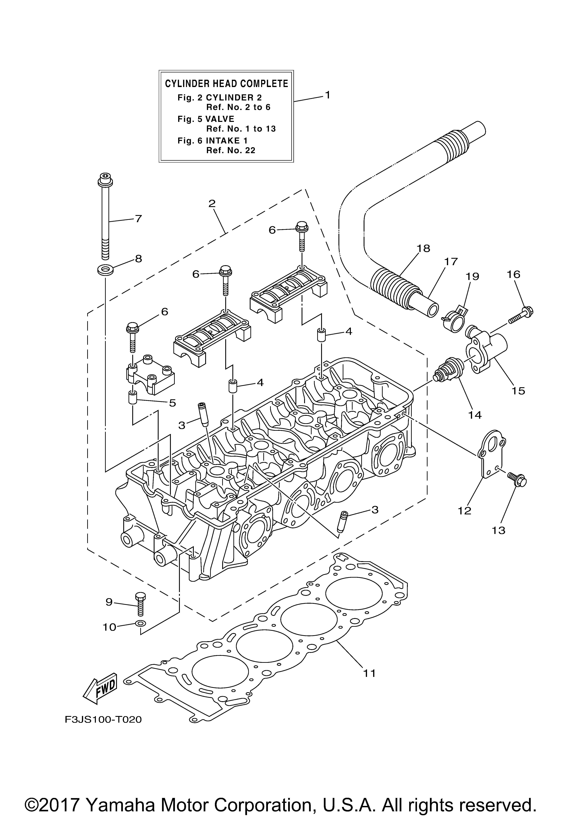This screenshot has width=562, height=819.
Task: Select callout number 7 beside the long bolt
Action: click(x=139, y=219)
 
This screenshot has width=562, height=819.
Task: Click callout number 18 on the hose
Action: click(x=423, y=249)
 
